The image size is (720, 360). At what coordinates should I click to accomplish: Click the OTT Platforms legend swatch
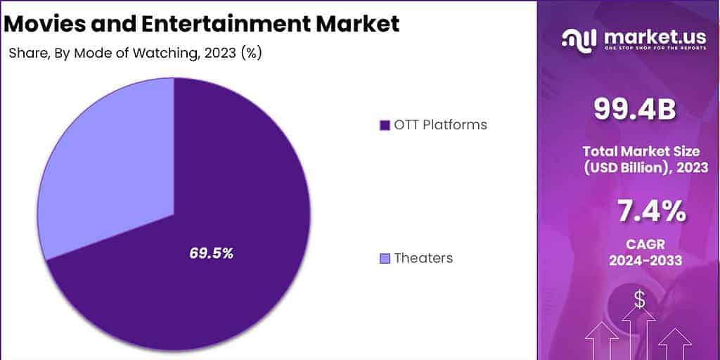[384, 126]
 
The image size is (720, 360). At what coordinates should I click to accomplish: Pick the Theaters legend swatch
[384, 259]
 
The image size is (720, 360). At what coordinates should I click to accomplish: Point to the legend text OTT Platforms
[440, 125]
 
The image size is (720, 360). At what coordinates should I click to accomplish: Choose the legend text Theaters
[423, 258]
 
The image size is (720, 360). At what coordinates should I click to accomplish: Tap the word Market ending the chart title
[359, 23]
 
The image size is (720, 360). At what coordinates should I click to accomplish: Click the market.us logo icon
[578, 39]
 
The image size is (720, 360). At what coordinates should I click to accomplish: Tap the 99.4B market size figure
[635, 109]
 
